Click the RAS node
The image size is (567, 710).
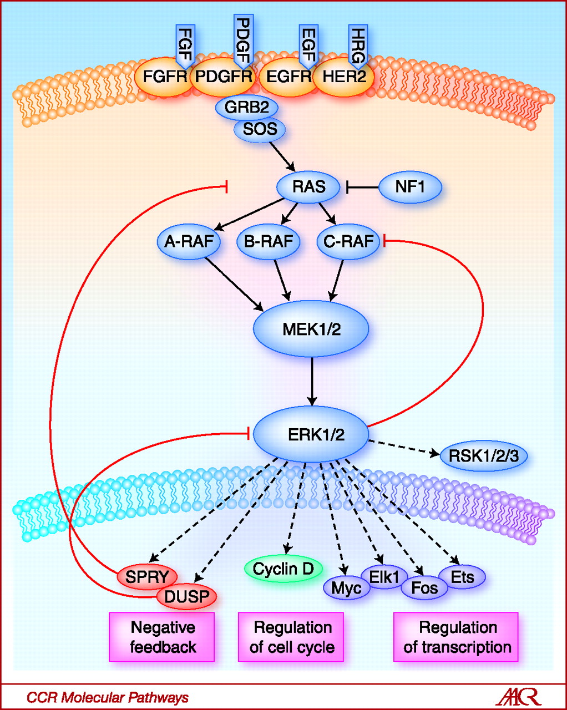tap(308, 187)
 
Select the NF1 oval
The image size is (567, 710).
tap(410, 187)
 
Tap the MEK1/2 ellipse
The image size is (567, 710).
tap(311, 329)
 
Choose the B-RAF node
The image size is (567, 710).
tap(269, 242)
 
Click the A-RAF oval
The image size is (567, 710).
tap(189, 242)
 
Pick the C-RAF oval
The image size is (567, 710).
tap(348, 242)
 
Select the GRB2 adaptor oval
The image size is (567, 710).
tap(247, 107)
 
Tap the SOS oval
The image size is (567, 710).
tap(260, 130)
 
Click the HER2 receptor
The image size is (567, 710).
tap(345, 77)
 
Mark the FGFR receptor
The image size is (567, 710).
tap(165, 77)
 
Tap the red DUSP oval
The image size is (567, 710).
tap(187, 597)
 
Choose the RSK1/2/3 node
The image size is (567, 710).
tap(484, 457)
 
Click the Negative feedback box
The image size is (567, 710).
tap(162, 637)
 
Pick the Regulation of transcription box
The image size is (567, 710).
tap(456, 637)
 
